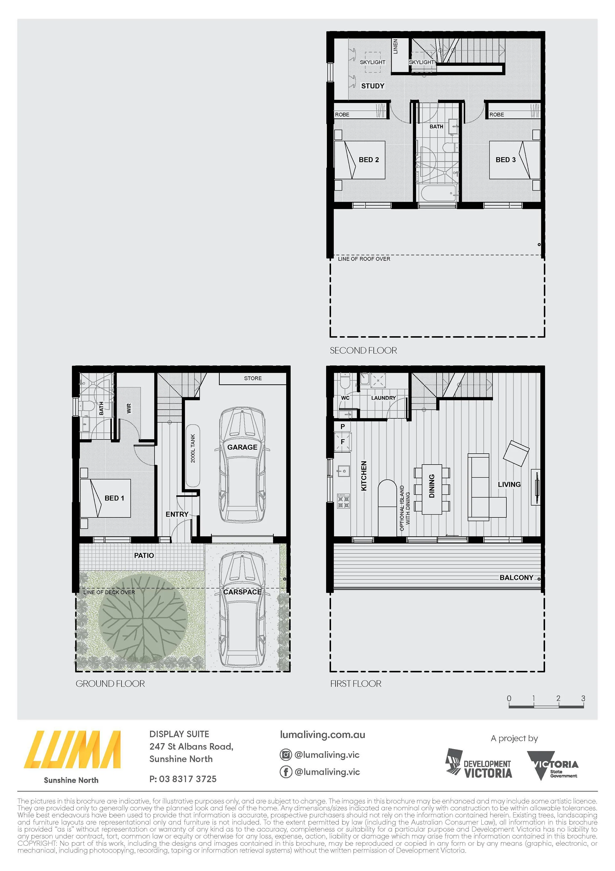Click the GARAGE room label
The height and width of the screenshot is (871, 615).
coord(242,447)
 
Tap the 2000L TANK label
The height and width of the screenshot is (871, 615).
coord(193,448)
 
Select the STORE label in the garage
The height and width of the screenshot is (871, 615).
coord(253,378)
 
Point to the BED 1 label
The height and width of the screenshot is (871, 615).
coord(114,498)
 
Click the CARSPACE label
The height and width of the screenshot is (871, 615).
coord(242,592)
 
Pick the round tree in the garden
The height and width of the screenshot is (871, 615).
coord(143,618)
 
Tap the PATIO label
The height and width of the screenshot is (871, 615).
coord(144,555)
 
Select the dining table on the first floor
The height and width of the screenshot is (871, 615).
coord(432,489)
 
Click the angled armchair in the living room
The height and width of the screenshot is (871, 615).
coord(516,453)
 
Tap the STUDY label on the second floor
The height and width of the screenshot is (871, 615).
coord(372,86)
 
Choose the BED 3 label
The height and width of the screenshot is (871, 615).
coord(505,160)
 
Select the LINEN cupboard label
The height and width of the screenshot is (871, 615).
coord(395,46)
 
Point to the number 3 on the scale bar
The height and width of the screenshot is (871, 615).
coord(583,698)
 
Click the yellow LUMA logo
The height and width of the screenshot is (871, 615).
coord(72,749)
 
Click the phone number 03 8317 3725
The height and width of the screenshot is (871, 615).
coord(188,779)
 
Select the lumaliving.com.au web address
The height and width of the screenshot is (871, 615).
coord(322,734)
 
